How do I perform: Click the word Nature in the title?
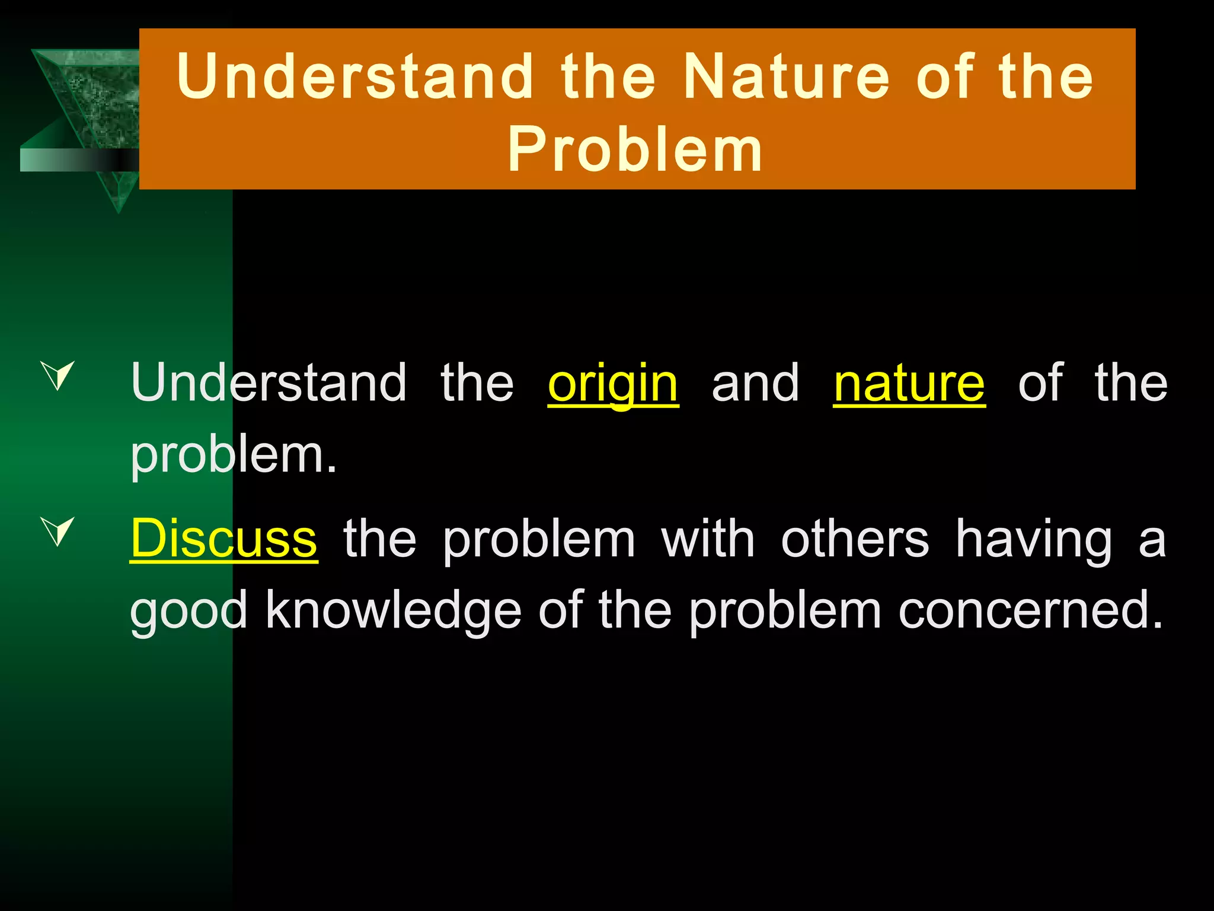(786, 77)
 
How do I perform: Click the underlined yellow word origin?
(613, 384)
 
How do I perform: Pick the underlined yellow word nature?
(909, 384)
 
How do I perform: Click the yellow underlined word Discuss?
(224, 539)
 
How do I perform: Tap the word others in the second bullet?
(855, 539)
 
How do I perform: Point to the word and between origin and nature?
(756, 384)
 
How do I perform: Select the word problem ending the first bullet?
(233, 455)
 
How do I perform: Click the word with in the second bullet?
(708, 539)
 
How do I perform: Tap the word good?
(189, 611)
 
